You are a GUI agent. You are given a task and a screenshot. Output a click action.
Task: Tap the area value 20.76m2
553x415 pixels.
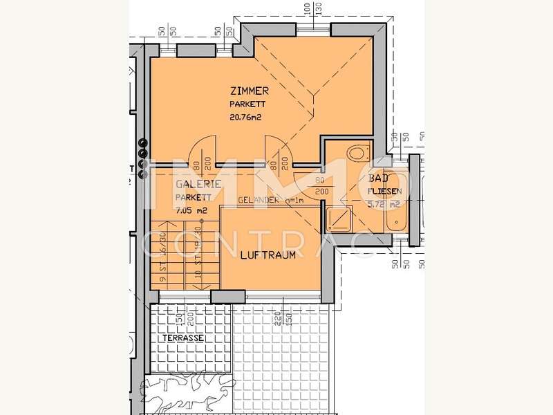(247, 117)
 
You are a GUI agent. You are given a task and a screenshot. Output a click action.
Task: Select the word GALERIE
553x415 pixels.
(198, 184)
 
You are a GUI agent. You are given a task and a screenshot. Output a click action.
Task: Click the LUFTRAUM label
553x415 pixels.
(268, 255)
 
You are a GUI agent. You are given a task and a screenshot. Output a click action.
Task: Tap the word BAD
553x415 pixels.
(378, 178)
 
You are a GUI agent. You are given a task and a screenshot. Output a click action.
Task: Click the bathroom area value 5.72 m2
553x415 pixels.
(384, 205)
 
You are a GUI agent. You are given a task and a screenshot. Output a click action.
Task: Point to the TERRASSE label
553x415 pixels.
(183, 338)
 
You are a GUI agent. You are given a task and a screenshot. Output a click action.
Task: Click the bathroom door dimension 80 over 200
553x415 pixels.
(321, 186)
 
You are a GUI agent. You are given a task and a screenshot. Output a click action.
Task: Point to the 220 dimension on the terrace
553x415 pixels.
(276, 320)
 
